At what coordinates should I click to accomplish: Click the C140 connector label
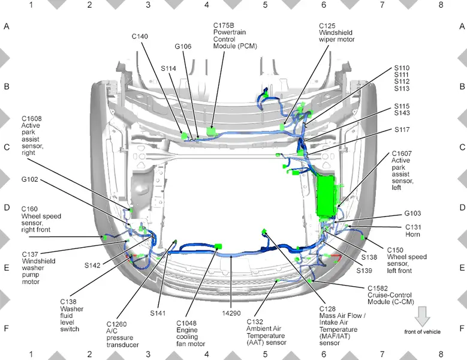coord(140,37)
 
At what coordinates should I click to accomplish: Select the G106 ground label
coord(183,46)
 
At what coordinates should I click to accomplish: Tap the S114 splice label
coord(168,68)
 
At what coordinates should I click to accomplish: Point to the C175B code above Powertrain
coord(224,26)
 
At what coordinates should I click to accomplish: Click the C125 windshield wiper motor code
coord(327,26)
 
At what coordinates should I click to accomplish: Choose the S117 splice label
coord(402,130)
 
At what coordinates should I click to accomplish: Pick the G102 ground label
coord(30,179)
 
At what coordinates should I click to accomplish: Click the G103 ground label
coord(412,214)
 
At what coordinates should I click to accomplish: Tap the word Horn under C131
coord(412,234)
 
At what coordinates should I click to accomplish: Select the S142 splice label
coord(92,265)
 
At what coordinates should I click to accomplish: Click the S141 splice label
coord(158,313)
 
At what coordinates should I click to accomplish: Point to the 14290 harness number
coord(231,313)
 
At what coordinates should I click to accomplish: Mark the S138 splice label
coord(369,257)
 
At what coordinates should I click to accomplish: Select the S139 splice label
coord(364,271)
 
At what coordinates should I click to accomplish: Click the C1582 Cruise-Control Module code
coord(378,289)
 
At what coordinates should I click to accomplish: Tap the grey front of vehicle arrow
coord(422,316)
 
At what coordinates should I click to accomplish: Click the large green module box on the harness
coord(327,196)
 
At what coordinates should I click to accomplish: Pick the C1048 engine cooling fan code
coord(186,323)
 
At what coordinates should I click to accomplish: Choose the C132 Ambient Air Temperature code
coord(255,322)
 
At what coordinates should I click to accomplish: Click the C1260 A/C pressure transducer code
coord(116,324)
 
